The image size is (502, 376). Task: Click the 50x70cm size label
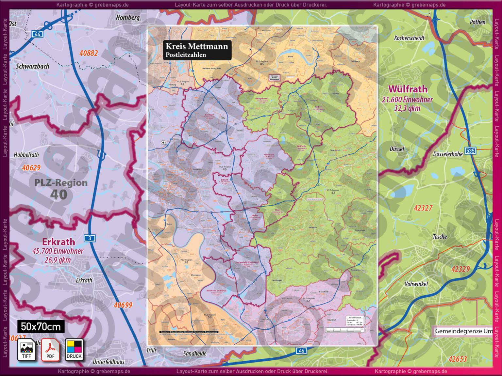click(41, 326)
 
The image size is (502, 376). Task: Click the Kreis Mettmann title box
click(197, 50)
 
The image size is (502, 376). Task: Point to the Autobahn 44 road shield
click(37, 34)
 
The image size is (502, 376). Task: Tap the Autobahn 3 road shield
click(90, 238)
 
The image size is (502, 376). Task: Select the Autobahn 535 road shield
click(470, 150)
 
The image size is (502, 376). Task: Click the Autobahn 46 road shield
click(301, 351)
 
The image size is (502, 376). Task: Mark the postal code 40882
click(89, 53)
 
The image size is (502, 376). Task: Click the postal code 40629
click(31, 168)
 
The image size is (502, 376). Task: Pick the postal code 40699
click(123, 305)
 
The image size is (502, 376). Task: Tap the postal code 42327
click(423, 208)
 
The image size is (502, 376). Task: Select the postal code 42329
click(460, 269)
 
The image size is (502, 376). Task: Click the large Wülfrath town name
click(408, 89)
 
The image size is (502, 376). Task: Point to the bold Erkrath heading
click(59, 242)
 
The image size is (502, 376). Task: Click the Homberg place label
click(128, 18)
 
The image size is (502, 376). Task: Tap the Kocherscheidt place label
click(409, 38)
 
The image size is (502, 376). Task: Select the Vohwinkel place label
click(416, 284)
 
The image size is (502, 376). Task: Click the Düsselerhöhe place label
click(448, 154)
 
